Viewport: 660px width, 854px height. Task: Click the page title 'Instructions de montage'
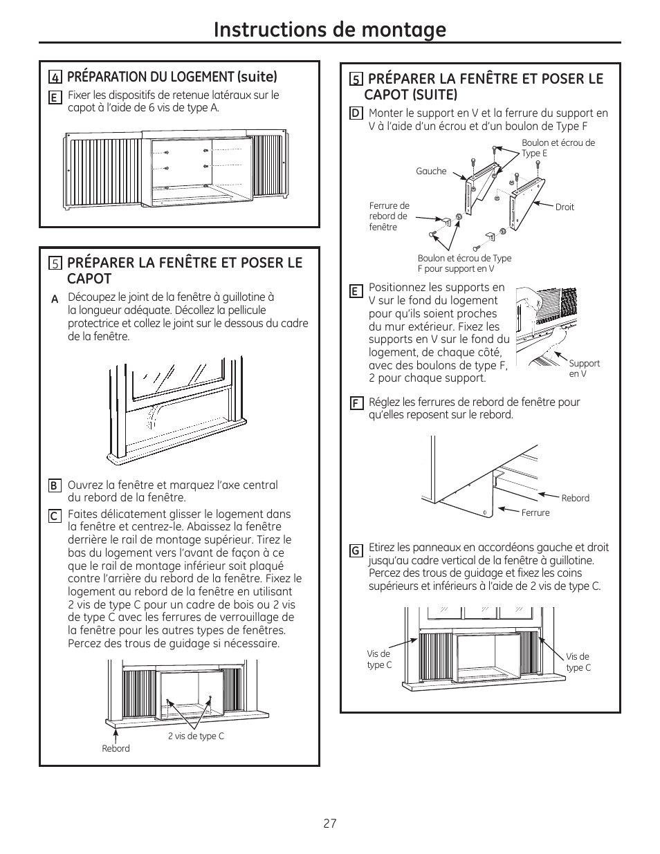pos(329,29)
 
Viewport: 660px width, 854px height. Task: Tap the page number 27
pos(329,824)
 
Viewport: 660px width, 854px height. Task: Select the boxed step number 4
pos(55,77)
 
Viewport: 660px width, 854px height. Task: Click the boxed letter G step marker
pos(356,550)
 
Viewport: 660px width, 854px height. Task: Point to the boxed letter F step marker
pos(356,403)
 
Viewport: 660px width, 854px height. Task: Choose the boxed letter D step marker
pos(356,113)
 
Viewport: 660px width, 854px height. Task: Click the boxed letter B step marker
pos(54,485)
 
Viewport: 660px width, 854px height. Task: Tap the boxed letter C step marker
pos(54,515)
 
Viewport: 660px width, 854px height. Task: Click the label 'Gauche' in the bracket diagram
pos(431,171)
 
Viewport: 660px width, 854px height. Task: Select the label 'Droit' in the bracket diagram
pos(565,207)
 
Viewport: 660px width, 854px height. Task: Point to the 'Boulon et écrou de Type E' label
pos(558,148)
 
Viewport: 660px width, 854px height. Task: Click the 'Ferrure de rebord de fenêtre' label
pos(389,216)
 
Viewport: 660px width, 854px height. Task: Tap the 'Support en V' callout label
pos(584,368)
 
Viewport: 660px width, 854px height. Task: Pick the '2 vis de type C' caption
pos(196,736)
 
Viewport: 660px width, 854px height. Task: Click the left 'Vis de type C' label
pos(379,659)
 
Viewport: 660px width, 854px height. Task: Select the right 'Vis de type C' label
pos(578,662)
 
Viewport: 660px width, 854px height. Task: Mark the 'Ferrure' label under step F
pos(535,512)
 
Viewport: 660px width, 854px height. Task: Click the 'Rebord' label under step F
pos(575,498)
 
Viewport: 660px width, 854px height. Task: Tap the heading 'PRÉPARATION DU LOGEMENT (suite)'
pos(172,77)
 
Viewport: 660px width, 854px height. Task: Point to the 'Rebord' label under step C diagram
pos(116,748)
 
